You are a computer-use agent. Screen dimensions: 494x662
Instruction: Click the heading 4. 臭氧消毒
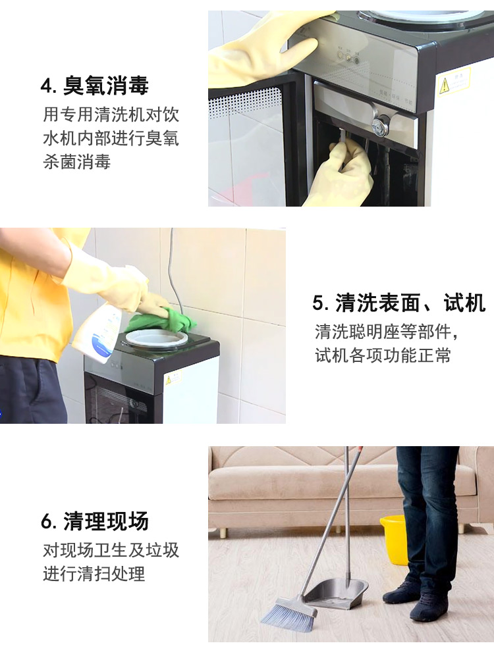[x=95, y=86]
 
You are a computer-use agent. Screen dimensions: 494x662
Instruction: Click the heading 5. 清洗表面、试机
[x=399, y=303]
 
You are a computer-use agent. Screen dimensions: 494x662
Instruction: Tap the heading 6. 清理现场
[x=95, y=521]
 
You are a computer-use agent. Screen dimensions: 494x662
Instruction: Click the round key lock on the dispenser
[x=378, y=125]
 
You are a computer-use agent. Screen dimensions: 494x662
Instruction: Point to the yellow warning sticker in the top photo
[x=454, y=82]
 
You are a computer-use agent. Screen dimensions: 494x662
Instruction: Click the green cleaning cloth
[x=162, y=320]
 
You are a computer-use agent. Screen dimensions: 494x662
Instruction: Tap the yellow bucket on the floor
[x=394, y=539]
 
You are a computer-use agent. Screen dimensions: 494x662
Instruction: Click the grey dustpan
[x=336, y=593]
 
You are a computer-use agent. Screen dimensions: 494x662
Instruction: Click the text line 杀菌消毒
[x=76, y=161]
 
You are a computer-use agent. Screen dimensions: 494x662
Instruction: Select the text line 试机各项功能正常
[x=383, y=355]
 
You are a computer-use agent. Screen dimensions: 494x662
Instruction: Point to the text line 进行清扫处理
[x=94, y=573]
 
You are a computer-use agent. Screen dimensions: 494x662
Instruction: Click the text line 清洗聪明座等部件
[x=386, y=332]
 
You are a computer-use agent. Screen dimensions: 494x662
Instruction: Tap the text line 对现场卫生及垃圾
[x=111, y=549]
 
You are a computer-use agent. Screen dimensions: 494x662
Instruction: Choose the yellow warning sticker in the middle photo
[x=173, y=376]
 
